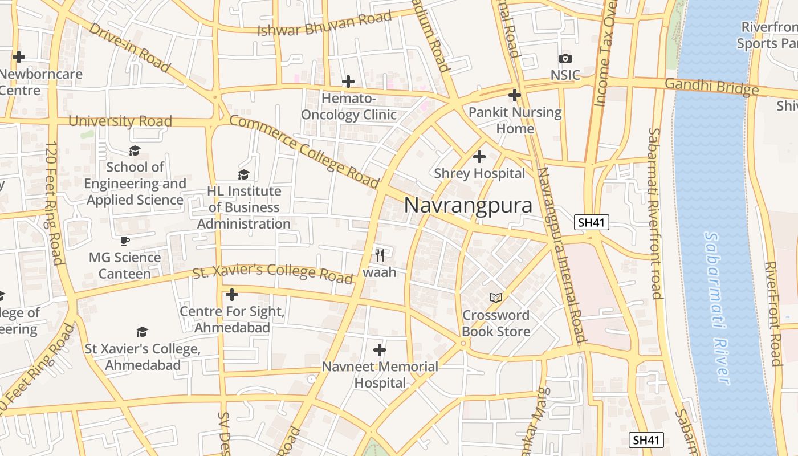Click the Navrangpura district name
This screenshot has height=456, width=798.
point(468,206)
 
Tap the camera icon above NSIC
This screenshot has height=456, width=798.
point(565,58)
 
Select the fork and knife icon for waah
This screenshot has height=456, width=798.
point(380,255)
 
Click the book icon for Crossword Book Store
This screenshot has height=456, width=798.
point(496,298)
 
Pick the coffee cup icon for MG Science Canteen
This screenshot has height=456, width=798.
point(125,241)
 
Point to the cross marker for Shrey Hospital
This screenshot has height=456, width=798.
point(479,156)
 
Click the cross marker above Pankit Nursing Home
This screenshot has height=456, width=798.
point(515,95)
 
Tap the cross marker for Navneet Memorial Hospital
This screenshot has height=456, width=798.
point(380,349)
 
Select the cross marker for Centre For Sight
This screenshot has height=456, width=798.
point(231,295)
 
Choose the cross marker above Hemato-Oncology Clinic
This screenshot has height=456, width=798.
point(348,82)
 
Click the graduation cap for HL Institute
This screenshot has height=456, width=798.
point(244,174)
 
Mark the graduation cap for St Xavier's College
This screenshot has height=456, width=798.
point(142,332)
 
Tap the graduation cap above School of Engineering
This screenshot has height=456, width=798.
point(135,150)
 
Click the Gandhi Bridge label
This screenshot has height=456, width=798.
point(712,87)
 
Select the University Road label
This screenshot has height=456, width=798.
point(120,121)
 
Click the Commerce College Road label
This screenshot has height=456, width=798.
point(304,151)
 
